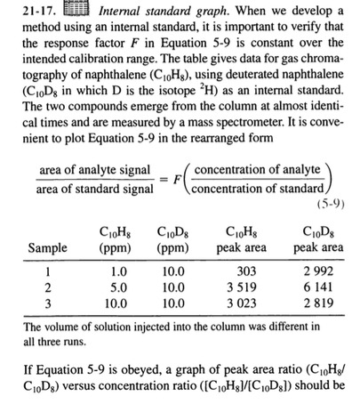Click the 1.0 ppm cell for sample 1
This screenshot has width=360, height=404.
click(117, 271)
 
